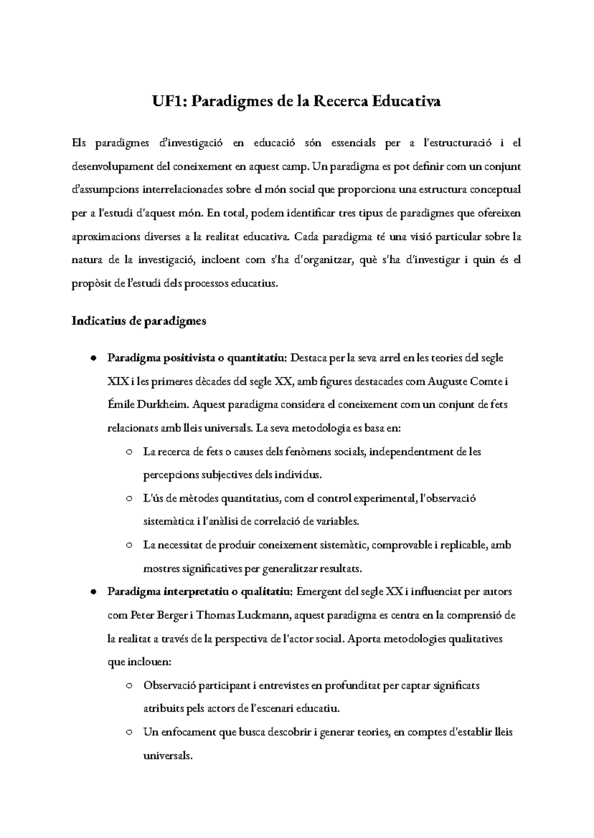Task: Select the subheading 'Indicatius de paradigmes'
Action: (x=139, y=321)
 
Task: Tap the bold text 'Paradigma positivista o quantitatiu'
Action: (x=196, y=358)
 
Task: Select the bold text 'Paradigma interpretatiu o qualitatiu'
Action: (x=199, y=592)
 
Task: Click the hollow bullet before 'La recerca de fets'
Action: (x=129, y=452)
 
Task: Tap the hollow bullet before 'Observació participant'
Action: (x=129, y=686)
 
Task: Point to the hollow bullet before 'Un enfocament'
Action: (x=129, y=733)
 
